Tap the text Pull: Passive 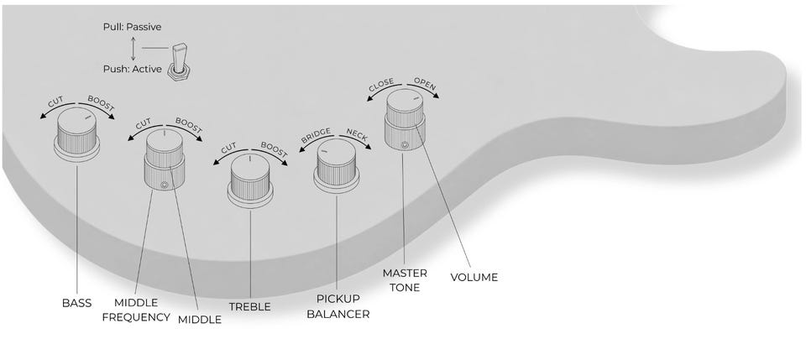tap(132, 27)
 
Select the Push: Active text tap(132, 69)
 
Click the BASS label tap(76, 303)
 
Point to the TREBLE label tap(250, 307)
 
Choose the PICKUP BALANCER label tap(338, 306)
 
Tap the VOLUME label tap(474, 277)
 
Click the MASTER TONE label tap(405, 280)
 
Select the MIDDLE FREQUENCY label tap(136, 310)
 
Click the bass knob tap(77, 134)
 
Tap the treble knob tap(250, 180)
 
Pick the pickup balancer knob tap(337, 166)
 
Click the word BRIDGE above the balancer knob tap(317, 135)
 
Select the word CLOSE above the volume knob tap(381, 85)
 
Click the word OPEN tap(425, 84)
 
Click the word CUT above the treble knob tap(228, 149)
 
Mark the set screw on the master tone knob tap(405, 144)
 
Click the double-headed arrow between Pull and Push tap(133, 49)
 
